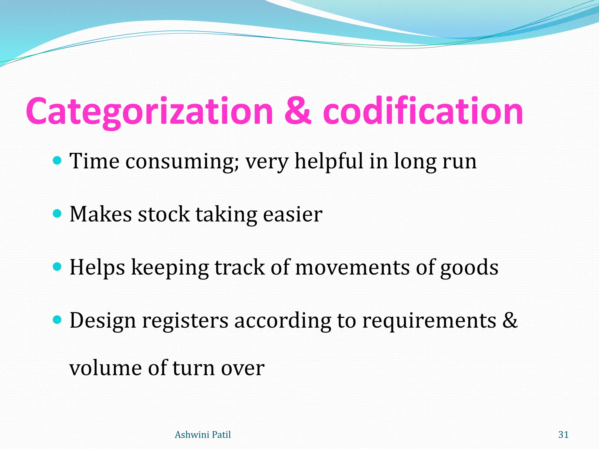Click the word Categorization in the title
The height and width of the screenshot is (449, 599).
149,112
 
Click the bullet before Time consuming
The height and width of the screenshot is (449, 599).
58,160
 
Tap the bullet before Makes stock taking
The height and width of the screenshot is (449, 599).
58,214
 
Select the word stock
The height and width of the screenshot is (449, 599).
164,214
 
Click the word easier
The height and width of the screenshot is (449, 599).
292,214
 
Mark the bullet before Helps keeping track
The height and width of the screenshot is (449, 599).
58,267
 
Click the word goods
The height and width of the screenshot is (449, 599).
469,268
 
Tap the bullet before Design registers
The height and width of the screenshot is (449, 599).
58,320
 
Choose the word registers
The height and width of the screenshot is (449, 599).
185,321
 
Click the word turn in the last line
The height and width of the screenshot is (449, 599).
193,368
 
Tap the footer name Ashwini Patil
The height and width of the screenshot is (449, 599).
203,435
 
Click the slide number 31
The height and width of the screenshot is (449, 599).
563,435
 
